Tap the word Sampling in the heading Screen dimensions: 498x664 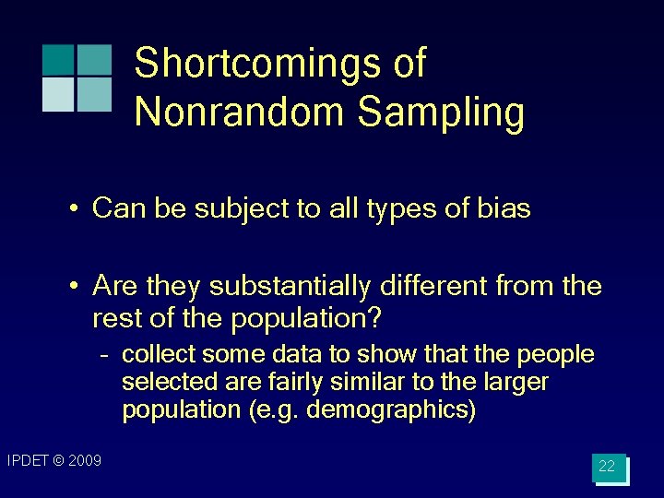[441, 112]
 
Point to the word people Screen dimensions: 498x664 [556, 355]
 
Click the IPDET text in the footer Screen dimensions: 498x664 [27, 460]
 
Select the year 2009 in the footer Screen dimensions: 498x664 [84, 460]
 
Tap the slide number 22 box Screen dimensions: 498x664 [608, 467]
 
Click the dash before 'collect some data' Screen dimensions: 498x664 [106, 355]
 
